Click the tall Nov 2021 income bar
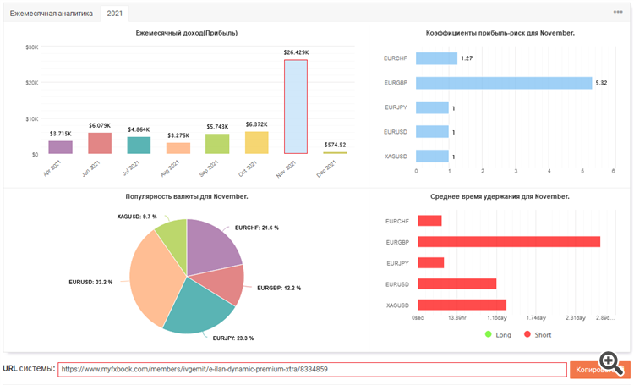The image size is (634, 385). coord(295,107)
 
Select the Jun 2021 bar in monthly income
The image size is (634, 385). coord(100,143)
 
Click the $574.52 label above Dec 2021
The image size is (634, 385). coord(335,145)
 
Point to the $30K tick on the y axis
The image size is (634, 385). coord(31,47)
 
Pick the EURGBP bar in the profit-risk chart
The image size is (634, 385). coord(503,83)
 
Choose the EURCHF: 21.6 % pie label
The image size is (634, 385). coord(258,228)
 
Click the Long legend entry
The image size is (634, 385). coord(500,335)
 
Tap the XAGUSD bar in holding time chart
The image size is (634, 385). coord(462,305)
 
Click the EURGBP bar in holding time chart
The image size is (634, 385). coord(508,241)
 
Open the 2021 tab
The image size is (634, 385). coord(113,13)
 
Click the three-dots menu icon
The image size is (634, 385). coord(618,13)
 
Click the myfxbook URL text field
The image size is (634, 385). coord(312,370)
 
